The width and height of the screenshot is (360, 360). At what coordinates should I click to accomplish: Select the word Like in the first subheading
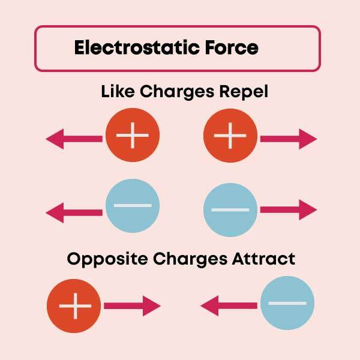point(118,92)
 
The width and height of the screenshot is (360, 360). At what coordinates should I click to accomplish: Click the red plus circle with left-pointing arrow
point(132,137)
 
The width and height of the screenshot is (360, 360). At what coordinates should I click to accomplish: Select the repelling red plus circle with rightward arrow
point(231,138)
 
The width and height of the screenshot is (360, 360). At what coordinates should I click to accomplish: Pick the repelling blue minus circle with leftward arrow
point(132,206)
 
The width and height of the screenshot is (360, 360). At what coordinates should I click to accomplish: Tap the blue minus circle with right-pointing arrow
point(231,209)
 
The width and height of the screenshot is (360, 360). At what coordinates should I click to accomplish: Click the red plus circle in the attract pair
point(74,307)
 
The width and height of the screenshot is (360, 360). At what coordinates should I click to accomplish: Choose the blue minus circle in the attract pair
point(287,303)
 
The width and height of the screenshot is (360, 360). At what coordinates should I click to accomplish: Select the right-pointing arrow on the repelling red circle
point(287,139)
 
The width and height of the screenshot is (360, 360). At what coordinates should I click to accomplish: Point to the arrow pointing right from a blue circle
point(287,210)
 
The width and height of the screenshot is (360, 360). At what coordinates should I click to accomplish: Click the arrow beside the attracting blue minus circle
point(230,307)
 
